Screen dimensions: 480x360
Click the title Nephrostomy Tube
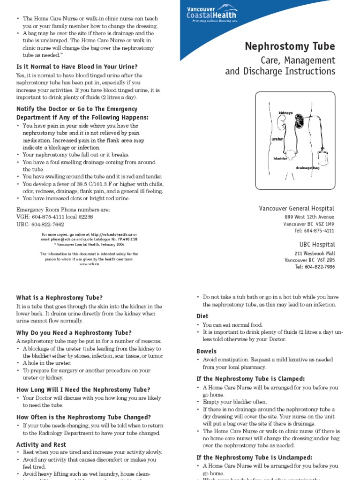tap(290, 46)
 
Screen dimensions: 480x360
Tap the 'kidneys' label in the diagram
tap(285, 113)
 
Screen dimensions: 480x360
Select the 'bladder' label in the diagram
tap(280, 158)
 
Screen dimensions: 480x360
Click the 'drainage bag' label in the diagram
tap(307, 167)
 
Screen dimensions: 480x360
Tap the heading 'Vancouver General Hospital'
tap(297, 208)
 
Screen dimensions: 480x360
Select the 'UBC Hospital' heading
tap(317, 244)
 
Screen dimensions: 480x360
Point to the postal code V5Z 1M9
tap(324, 224)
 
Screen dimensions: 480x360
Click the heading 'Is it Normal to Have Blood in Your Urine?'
tap(77, 67)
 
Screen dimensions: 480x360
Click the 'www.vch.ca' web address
tap(89, 264)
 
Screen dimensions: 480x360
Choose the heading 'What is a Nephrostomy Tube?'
tap(59, 298)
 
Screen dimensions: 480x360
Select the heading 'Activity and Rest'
tap(41, 444)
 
